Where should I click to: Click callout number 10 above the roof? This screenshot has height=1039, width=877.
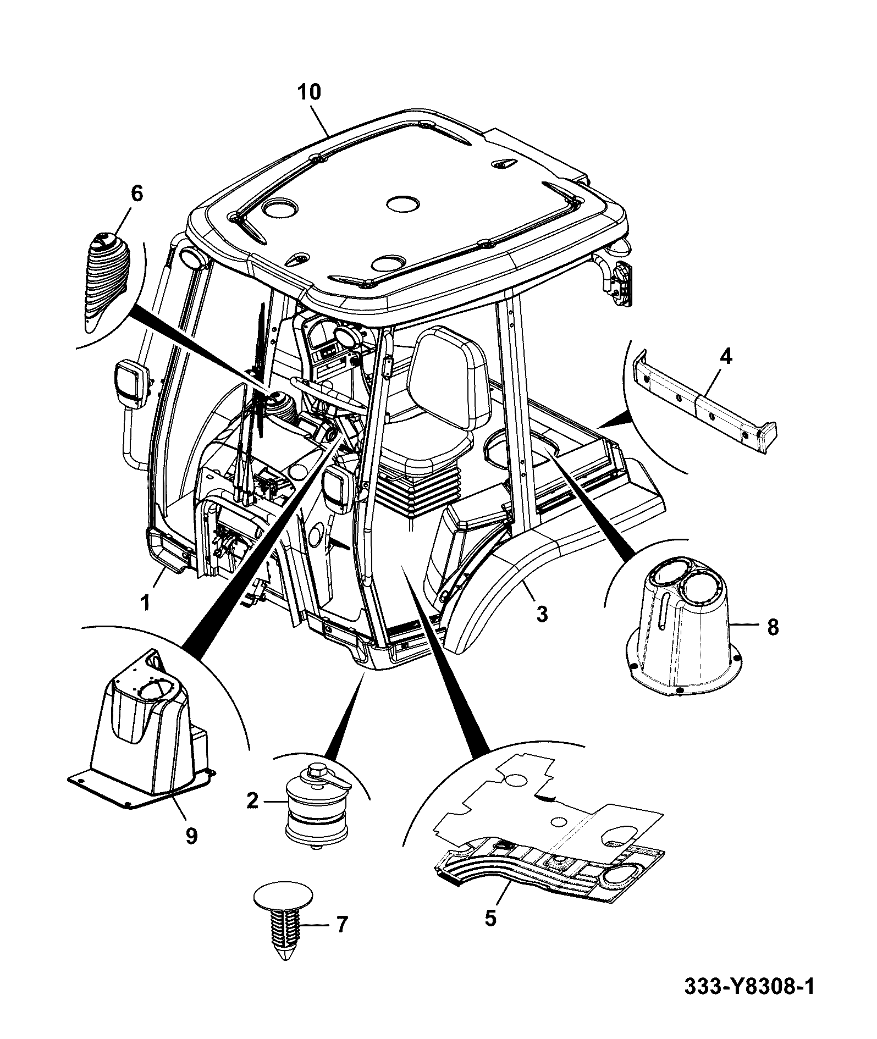[x=309, y=92]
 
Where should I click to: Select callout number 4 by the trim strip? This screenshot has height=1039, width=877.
[x=726, y=357]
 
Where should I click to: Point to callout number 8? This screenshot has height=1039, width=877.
[x=773, y=627]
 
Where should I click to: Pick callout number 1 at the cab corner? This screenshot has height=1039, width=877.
[x=145, y=603]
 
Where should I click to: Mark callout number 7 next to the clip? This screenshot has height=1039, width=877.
[x=342, y=925]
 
